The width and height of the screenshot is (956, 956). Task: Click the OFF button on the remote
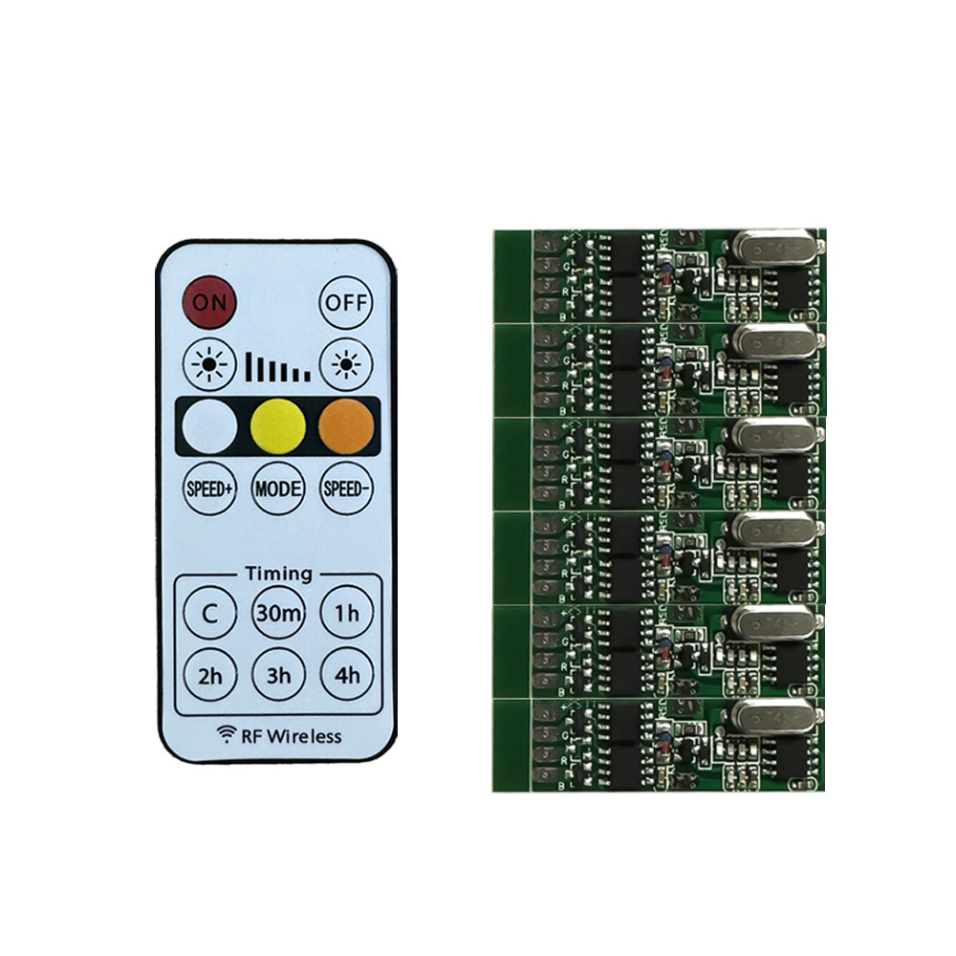pyautogui.click(x=345, y=302)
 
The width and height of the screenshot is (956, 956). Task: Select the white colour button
pyautogui.click(x=208, y=426)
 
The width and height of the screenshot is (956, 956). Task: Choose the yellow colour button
pyautogui.click(x=277, y=426)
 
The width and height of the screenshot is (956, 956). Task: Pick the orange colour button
pyautogui.click(x=345, y=426)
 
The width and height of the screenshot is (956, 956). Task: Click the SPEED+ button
pyautogui.click(x=208, y=489)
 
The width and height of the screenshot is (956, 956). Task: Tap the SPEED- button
pyautogui.click(x=345, y=489)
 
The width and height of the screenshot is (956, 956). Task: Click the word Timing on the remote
pyautogui.click(x=278, y=574)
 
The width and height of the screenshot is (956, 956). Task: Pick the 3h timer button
pyautogui.click(x=278, y=675)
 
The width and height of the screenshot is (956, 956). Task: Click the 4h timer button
pyautogui.click(x=346, y=675)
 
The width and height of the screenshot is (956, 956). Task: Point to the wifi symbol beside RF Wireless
pyautogui.click(x=227, y=734)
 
